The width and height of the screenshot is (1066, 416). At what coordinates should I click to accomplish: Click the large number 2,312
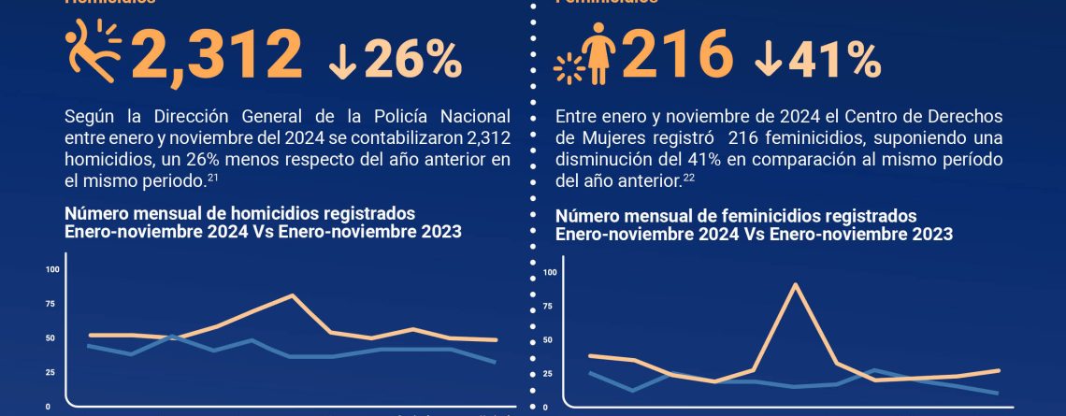[218, 54]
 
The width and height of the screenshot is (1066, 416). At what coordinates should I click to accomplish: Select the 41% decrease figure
[834, 59]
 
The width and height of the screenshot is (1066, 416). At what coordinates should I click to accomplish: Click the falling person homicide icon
[94, 50]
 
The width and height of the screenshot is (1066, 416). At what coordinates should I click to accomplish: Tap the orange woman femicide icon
[594, 51]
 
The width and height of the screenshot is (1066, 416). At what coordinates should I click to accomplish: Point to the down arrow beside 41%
[771, 60]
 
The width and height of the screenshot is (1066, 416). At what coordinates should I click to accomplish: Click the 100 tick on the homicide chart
[51, 269]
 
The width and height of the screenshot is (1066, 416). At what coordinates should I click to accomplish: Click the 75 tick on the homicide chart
[51, 304]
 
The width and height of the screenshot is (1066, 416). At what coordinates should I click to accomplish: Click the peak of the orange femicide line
[796, 284]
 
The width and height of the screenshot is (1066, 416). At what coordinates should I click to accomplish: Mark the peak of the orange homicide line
[292, 295]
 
